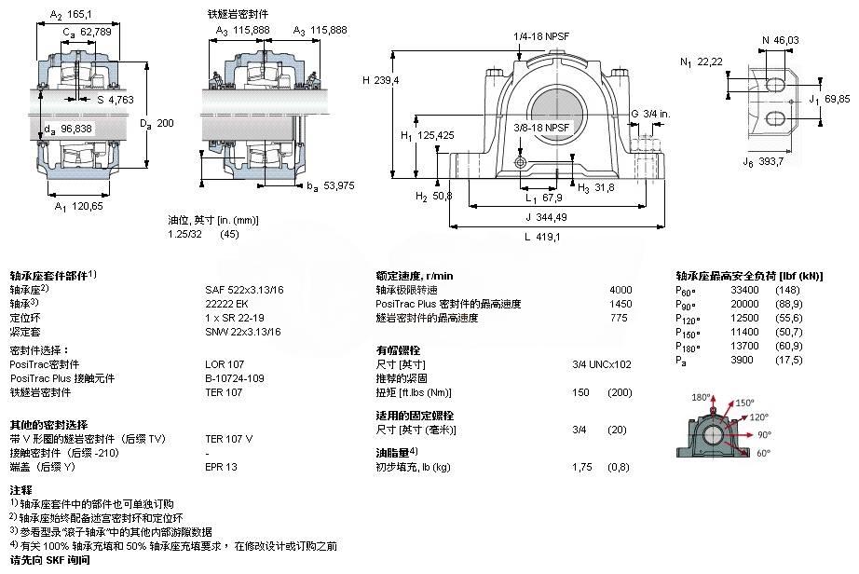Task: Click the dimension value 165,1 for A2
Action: [79, 14]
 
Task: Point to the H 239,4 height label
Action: [381, 80]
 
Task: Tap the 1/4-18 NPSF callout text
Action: [540, 36]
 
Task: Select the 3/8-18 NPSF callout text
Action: [541, 128]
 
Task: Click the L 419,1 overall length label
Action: [542, 237]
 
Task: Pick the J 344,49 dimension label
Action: [546, 217]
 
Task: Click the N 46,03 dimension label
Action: [780, 40]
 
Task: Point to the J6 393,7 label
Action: [763, 161]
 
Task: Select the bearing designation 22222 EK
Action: [226, 304]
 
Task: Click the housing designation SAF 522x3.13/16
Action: [244, 290]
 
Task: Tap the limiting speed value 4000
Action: [620, 290]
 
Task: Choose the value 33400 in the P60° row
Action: [744, 290]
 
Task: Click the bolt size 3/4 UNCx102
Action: [602, 364]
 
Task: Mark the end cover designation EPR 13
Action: [222, 467]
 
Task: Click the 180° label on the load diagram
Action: [701, 397]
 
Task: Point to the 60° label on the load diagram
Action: [763, 453]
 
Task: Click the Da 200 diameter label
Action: [157, 124]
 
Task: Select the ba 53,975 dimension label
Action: [331, 186]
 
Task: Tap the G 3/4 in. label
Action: [650, 114]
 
